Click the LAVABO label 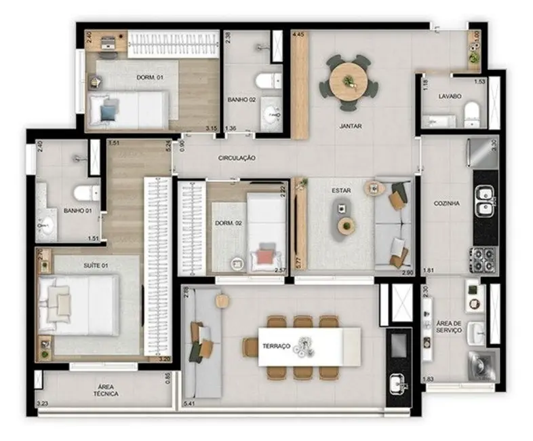pos(450,97)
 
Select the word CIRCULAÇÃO pos(237,157)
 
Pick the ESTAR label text pos(341,191)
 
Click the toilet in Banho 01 pos(87,193)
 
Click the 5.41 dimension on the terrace pos(190,404)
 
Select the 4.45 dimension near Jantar pos(298,33)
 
